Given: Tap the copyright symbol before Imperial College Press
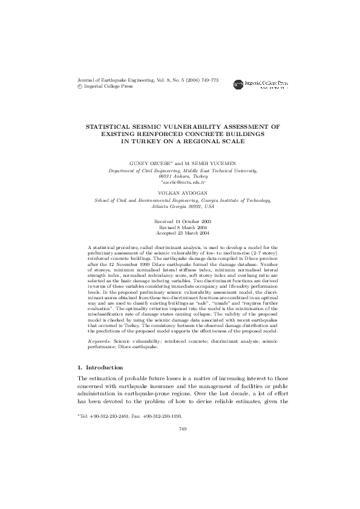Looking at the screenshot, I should tap(82, 86).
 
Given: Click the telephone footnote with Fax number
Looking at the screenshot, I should tap(130, 417).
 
